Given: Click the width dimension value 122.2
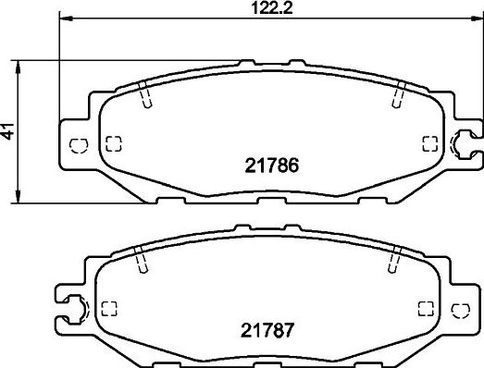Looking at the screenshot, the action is pos(272,8).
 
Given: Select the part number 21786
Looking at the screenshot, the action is pos(272,166).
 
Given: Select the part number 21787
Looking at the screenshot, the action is pos(267,330).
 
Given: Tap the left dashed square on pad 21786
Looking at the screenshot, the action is pos(114,143).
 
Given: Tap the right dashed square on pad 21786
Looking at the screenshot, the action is pos(430,143).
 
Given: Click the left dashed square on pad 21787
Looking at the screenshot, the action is pos(109,309).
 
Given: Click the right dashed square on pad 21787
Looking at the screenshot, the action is pos(426,309).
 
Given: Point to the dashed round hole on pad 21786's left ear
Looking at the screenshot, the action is pos(79,145).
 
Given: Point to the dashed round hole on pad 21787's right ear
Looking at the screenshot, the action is pos(461,310).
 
